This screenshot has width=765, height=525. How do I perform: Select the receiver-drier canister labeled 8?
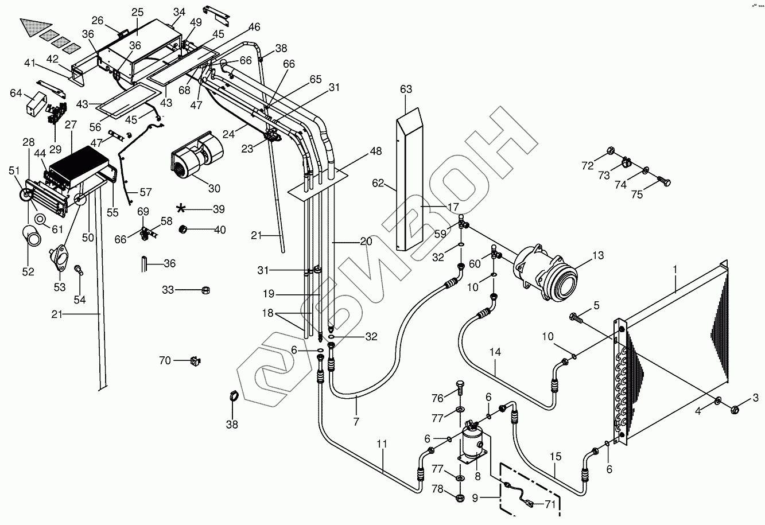(472, 442)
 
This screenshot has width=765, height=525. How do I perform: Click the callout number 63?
(406, 90)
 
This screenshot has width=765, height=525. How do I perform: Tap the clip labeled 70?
(195, 361)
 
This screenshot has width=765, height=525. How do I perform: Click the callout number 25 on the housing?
(137, 12)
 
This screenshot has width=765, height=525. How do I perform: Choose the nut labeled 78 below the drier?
(460, 497)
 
